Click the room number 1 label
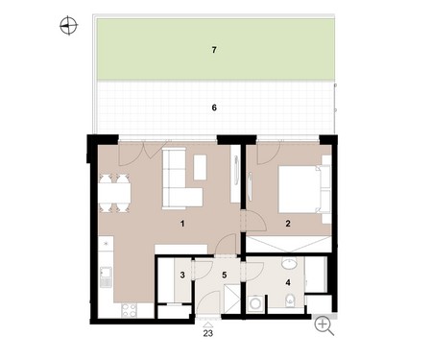tap(182, 224)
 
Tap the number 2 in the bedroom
tap(288, 224)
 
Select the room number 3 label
tap(182, 275)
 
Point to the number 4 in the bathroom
tap(288, 282)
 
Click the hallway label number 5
tap(225, 275)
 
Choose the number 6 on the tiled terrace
tap(214, 108)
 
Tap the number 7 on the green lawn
tap(214, 50)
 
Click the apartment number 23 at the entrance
tap(208, 333)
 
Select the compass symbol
tap(68, 26)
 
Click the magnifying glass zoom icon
tap(324, 326)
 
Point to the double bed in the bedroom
tap(304, 189)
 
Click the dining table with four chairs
tap(114, 193)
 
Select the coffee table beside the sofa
tap(200, 167)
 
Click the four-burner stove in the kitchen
tap(130, 310)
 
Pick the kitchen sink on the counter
tap(106, 277)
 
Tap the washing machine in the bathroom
tap(255, 303)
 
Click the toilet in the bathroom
tap(290, 300)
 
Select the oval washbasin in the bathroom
tap(290, 264)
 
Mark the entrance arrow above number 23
tap(208, 325)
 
